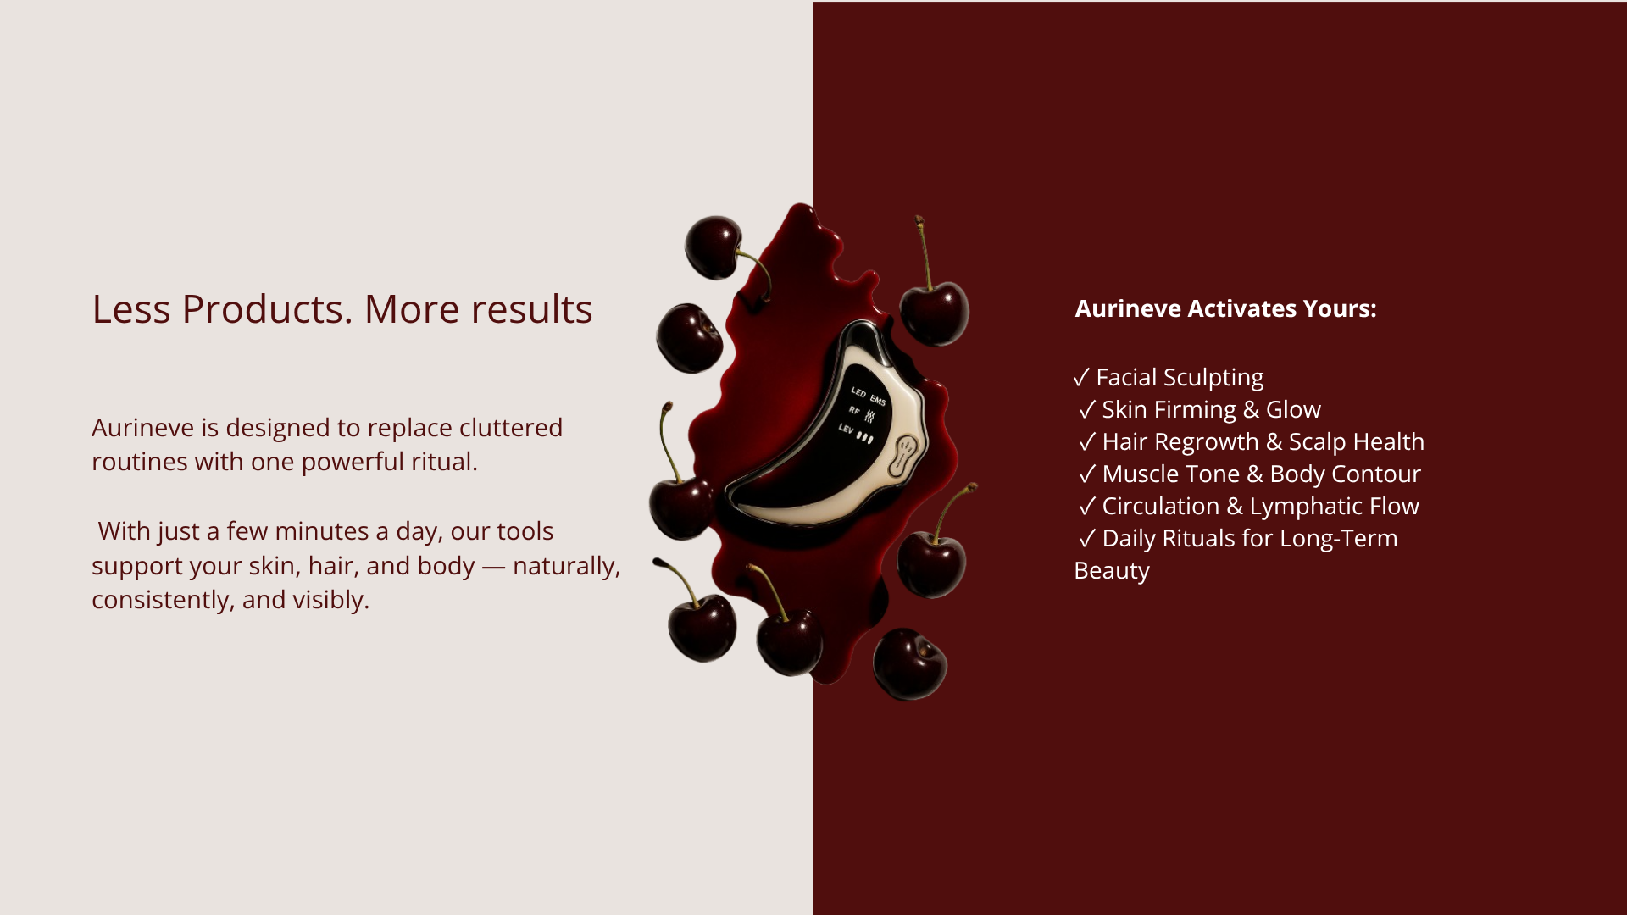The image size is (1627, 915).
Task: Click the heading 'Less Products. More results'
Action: [x=342, y=309]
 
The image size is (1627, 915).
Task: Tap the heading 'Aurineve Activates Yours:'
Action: [x=1225, y=308]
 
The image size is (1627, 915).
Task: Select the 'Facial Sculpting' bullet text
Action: [x=1180, y=377]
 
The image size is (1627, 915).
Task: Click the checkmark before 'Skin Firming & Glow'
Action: [x=1087, y=410]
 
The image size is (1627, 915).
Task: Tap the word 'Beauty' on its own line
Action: [x=1112, y=571]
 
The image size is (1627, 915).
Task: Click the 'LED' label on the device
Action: [x=858, y=392]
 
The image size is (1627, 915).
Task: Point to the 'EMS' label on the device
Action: [x=878, y=400]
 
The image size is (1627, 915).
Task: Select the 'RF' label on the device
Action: [x=854, y=411]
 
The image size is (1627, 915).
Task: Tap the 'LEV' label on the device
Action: [x=846, y=429]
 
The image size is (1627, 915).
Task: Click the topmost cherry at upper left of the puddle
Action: [x=714, y=247]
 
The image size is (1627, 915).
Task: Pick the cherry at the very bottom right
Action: [x=910, y=664]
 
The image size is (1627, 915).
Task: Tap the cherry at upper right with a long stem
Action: [x=934, y=313]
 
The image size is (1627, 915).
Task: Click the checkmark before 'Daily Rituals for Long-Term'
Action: [x=1087, y=539]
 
